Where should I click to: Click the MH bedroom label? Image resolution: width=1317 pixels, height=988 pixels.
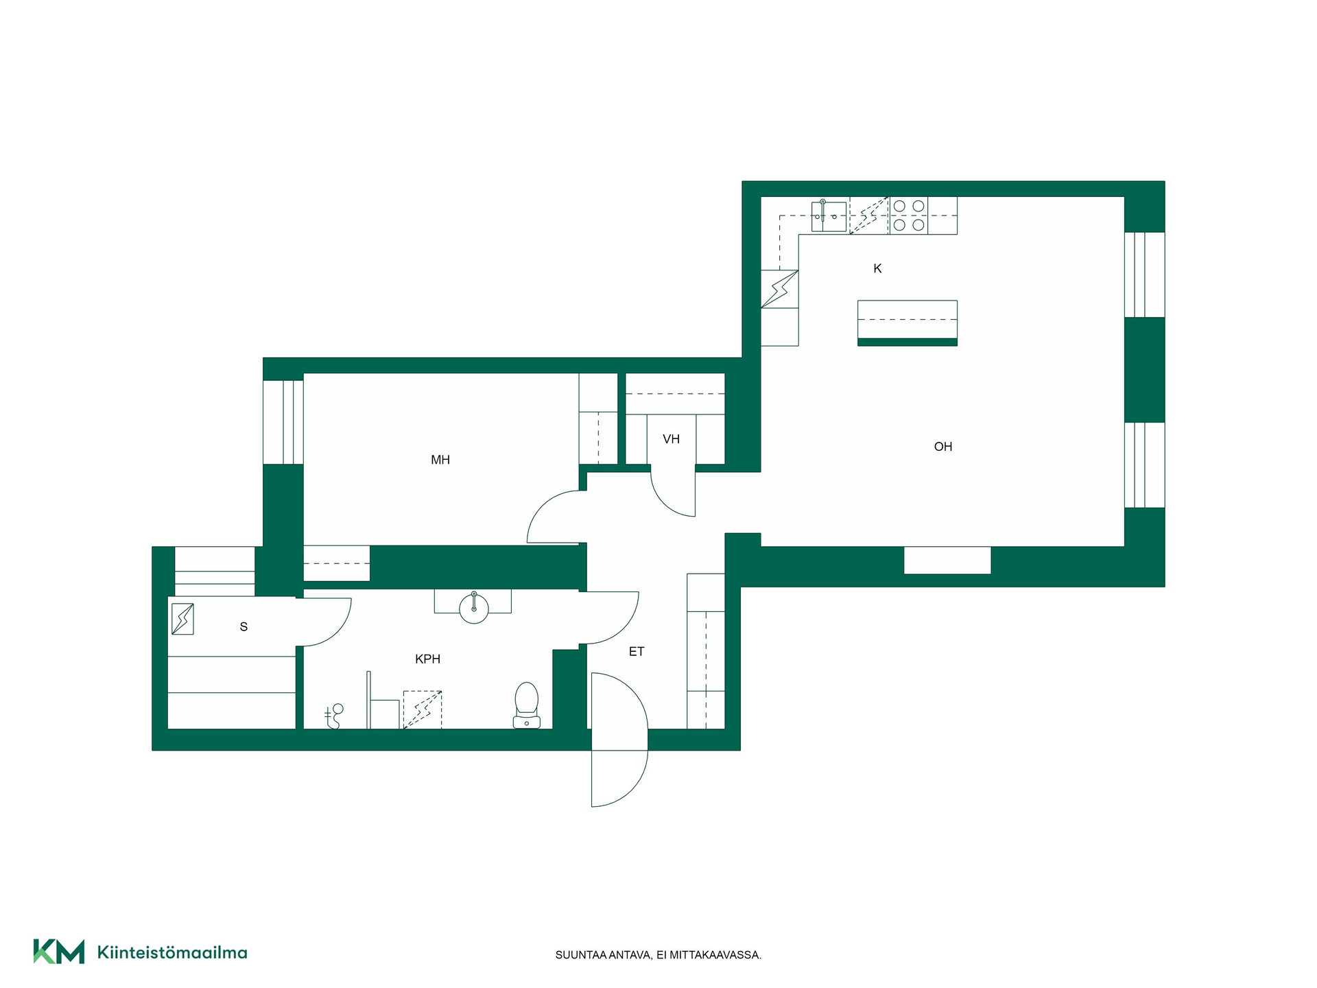click(440, 460)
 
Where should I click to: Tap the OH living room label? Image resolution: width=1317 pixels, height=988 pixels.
click(943, 447)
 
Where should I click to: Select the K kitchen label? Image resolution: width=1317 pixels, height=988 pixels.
click(877, 268)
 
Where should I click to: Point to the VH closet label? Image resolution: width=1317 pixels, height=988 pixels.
click(671, 439)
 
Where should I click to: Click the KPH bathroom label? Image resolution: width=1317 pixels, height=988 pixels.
click(427, 659)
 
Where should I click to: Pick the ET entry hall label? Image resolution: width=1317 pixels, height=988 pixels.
click(637, 651)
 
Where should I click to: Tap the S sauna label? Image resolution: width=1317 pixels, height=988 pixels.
click(244, 626)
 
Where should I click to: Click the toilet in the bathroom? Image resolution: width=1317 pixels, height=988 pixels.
click(526, 705)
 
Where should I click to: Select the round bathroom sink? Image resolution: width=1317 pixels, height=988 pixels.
click(474, 608)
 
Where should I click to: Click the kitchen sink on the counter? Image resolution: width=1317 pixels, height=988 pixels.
click(829, 216)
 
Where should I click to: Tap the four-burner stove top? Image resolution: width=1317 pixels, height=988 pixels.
click(909, 215)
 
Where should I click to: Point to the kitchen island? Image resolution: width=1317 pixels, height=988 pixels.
click(907, 322)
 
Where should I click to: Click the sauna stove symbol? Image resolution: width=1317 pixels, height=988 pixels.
click(182, 619)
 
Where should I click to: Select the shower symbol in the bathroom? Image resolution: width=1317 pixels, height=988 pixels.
click(333, 716)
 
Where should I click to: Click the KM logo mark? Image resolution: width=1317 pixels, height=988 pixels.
click(59, 952)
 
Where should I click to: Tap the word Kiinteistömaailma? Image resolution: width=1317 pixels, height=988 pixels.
click(172, 952)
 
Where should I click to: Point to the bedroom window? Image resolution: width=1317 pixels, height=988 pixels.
click(283, 422)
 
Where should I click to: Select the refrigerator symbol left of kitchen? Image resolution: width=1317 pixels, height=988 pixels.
click(780, 289)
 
